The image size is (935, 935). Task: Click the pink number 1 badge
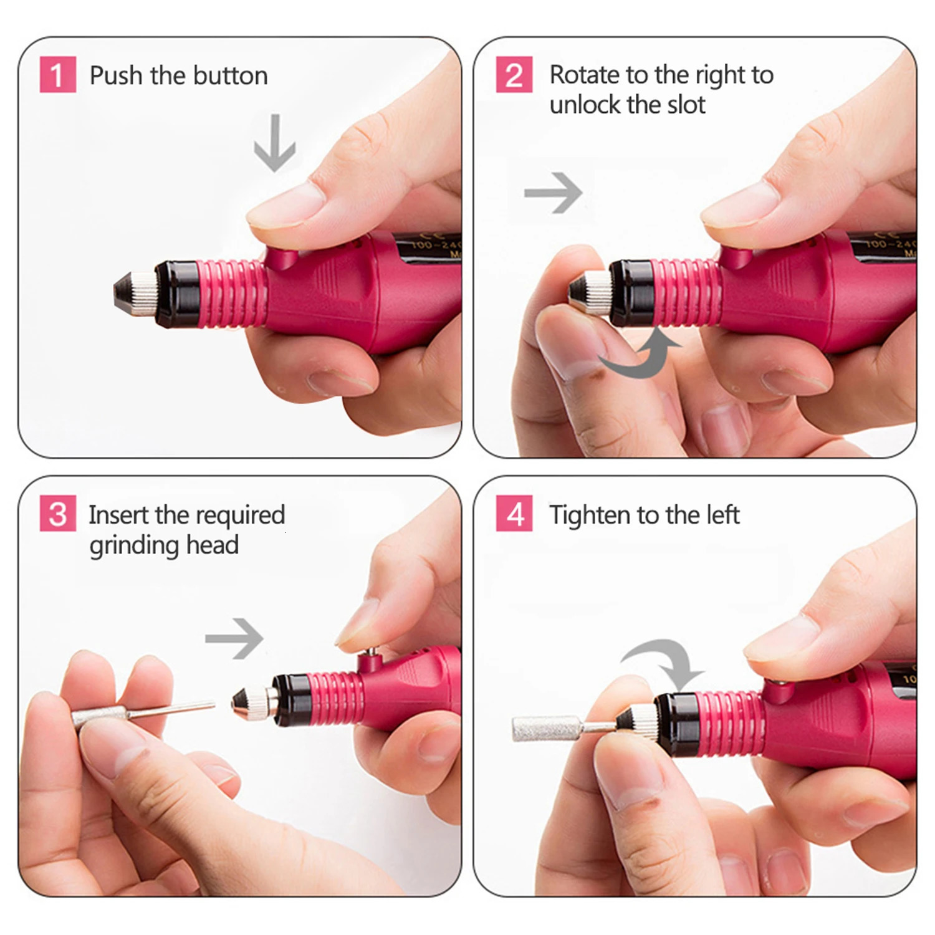[x=57, y=75]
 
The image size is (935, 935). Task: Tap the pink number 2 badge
[x=514, y=75]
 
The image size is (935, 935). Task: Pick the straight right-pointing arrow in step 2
[x=553, y=193]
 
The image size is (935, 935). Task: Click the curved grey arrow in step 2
[x=639, y=355]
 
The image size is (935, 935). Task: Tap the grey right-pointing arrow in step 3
[x=234, y=638]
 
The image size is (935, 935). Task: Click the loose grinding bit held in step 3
[x=143, y=712]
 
